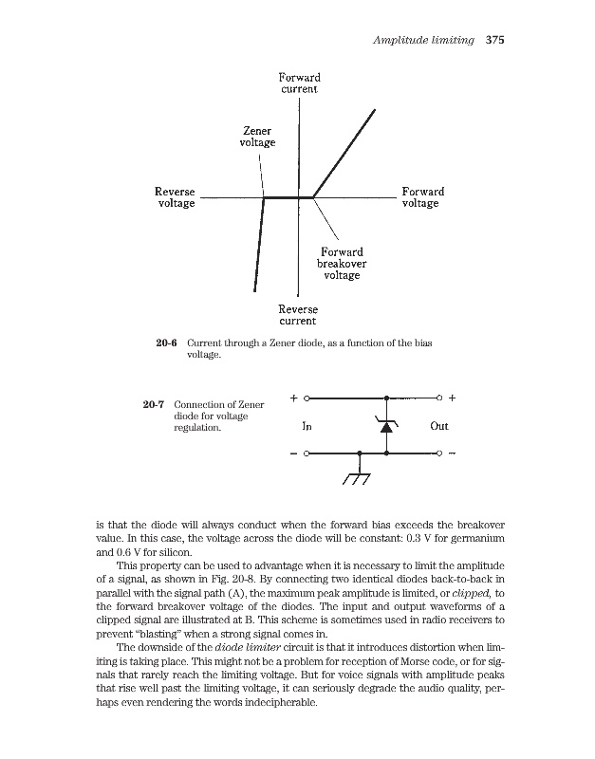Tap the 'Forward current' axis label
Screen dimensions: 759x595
[x=299, y=83]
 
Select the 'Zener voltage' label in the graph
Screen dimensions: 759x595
[x=257, y=137]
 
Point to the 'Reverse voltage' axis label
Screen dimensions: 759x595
[x=175, y=197]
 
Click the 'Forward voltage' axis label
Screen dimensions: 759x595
[x=422, y=197]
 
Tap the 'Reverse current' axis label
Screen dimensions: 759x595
[x=298, y=315]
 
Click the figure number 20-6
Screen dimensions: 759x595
[x=168, y=342]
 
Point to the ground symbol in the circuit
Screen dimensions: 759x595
[x=358, y=478]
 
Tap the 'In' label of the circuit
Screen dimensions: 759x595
[x=307, y=426]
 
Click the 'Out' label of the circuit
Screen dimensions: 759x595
[x=438, y=426]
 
